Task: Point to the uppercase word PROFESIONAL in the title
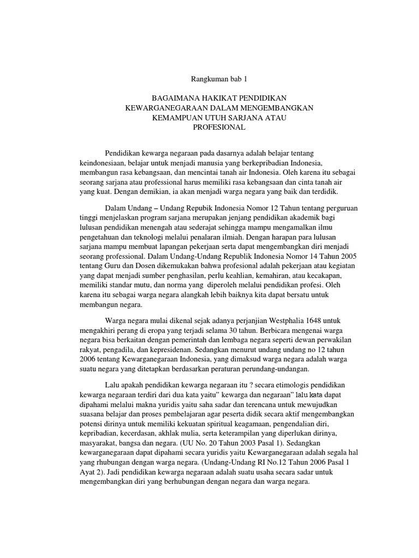[219, 128]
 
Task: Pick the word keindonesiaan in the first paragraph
[103, 163]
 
